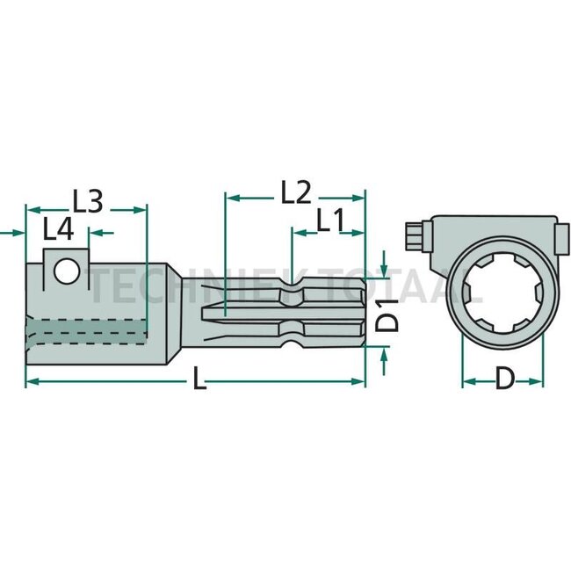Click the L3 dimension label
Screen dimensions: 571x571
click(87, 201)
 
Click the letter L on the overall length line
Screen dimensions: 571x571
click(199, 383)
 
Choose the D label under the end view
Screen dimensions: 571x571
click(504, 379)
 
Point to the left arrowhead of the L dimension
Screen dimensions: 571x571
click(31, 381)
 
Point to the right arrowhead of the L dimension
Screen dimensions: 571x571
click(360, 381)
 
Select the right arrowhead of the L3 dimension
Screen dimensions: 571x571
click(141, 209)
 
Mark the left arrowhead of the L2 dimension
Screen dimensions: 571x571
click(231, 197)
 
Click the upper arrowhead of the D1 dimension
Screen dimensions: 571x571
click(384, 269)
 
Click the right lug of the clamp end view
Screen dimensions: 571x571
click(553, 237)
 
